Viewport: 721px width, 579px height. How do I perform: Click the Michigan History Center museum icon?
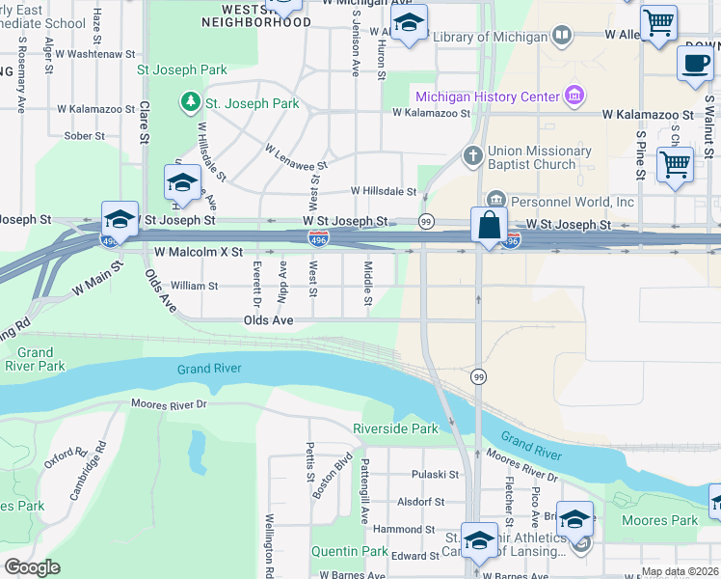click(575, 96)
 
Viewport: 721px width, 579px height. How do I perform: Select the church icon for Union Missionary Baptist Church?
click(472, 155)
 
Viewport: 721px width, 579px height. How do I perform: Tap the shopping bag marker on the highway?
click(490, 226)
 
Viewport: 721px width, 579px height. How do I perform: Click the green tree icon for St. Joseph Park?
click(191, 102)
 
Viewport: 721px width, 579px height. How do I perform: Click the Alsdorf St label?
click(421, 502)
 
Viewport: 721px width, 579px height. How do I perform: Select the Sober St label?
click(84, 136)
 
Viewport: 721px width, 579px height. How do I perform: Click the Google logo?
click(32, 567)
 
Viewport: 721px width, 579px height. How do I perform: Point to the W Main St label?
click(96, 279)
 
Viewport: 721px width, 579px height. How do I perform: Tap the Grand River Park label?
click(34, 359)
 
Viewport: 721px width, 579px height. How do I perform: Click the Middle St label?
click(367, 285)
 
